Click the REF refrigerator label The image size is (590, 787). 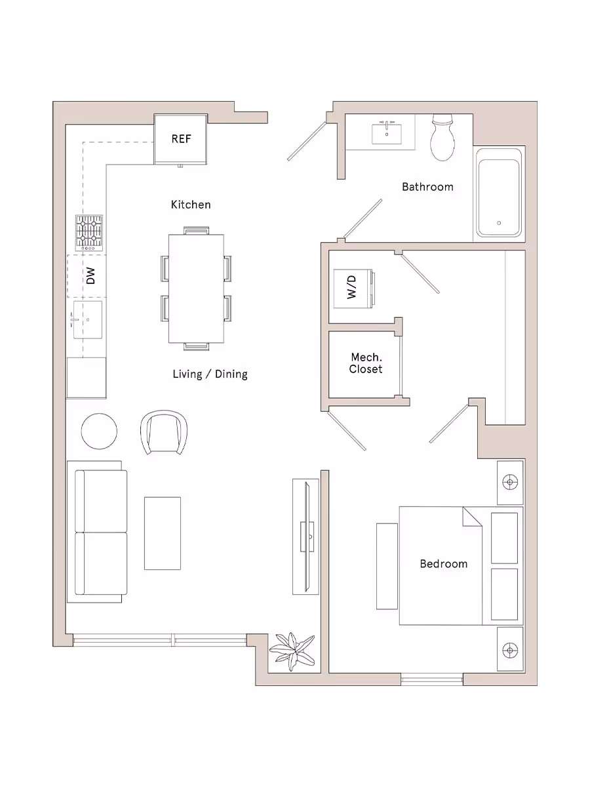(x=181, y=138)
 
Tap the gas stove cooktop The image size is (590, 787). (x=89, y=232)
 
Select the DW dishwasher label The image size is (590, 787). (x=90, y=276)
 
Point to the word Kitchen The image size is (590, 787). (x=191, y=205)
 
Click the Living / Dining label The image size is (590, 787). (x=210, y=374)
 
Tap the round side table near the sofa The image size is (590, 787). (x=99, y=431)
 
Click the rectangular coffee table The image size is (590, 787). (x=162, y=533)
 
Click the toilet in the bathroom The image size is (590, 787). (x=443, y=139)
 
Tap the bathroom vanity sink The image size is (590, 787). (x=387, y=134)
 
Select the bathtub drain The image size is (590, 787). (x=499, y=223)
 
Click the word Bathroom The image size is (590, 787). (x=427, y=187)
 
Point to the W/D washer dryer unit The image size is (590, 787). (x=353, y=287)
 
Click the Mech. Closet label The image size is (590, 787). (x=366, y=363)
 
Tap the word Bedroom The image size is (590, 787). (x=444, y=563)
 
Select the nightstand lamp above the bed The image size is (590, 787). (x=509, y=483)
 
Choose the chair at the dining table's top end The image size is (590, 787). (x=196, y=230)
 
